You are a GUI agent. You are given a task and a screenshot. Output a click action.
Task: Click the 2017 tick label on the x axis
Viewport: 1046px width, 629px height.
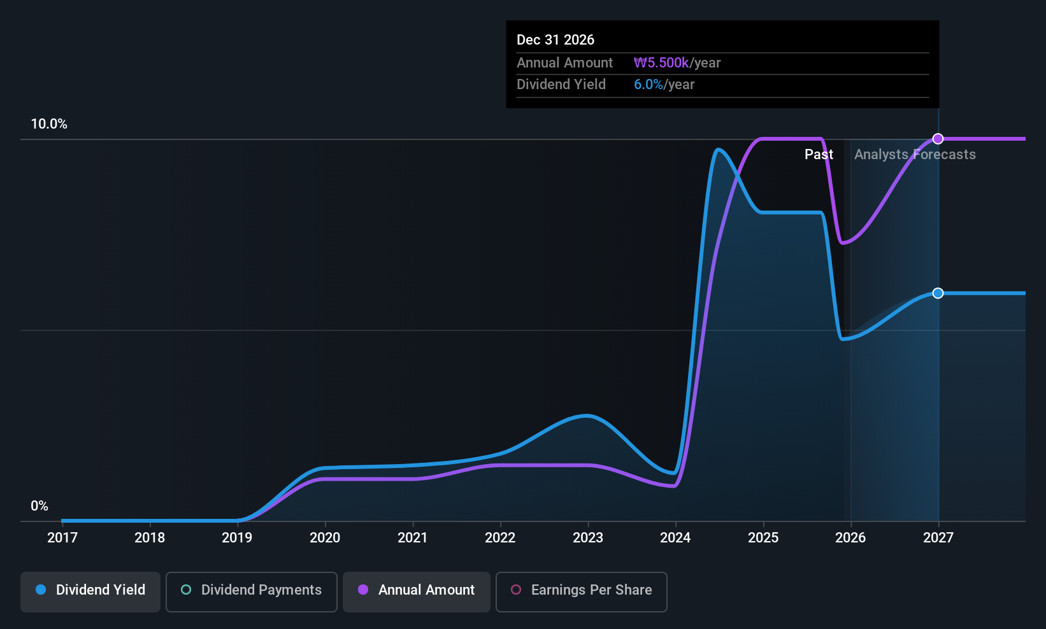[62, 538]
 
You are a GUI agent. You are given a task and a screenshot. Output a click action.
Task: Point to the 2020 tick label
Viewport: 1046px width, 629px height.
[325, 538]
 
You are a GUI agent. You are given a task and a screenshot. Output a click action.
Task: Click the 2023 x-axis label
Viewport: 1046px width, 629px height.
[588, 538]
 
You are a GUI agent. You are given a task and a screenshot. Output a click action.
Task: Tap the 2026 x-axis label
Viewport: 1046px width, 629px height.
[850, 538]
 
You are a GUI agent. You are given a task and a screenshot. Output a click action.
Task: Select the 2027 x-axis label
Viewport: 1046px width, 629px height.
[938, 538]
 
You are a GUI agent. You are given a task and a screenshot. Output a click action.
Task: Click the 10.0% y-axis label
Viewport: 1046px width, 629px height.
[49, 124]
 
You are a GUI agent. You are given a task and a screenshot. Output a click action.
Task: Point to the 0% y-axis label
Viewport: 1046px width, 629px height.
[39, 506]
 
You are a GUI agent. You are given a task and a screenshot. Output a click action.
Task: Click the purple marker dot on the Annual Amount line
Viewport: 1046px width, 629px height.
[938, 139]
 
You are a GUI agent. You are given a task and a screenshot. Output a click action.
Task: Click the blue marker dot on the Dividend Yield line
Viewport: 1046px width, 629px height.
[938, 293]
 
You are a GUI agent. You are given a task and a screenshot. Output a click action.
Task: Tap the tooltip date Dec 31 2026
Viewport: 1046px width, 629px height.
[555, 40]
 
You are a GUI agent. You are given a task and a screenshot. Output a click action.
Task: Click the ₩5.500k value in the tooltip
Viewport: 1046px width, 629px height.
[661, 63]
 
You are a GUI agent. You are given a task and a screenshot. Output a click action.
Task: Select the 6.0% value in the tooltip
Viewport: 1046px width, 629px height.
[648, 85]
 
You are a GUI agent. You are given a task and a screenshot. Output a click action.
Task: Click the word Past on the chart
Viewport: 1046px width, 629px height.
[819, 155]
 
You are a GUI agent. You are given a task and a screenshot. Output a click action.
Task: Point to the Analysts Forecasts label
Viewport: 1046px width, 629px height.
[915, 155]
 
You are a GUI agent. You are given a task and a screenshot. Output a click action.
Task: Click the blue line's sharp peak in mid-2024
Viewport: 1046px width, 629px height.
[718, 150]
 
